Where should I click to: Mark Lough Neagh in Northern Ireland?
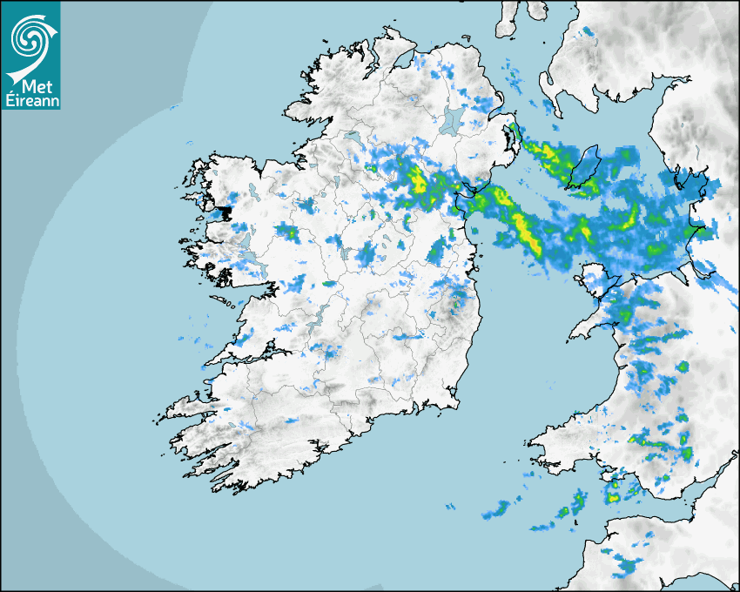tap(450, 119)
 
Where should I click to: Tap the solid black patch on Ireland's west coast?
tap(225, 212)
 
